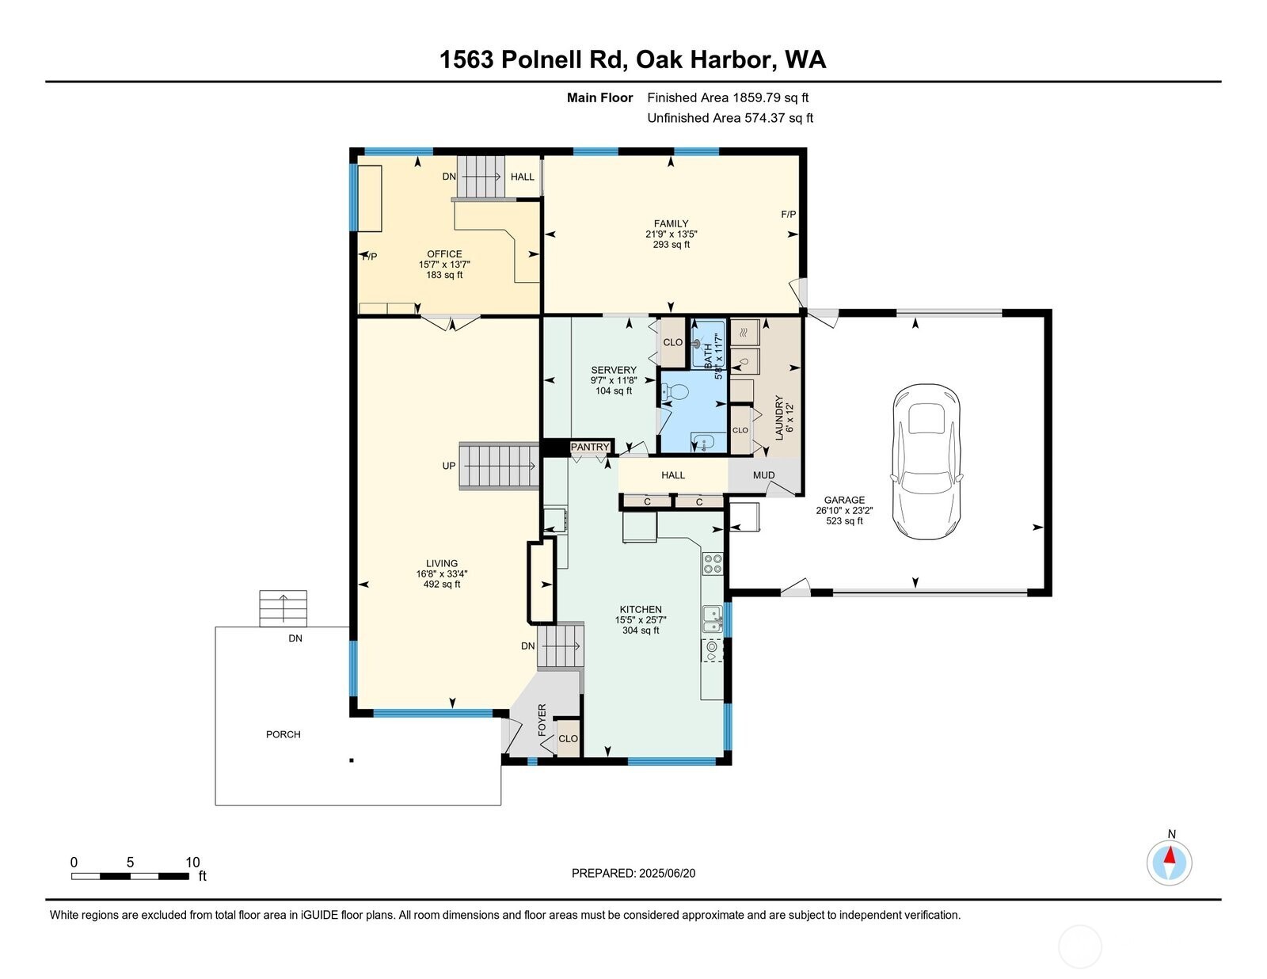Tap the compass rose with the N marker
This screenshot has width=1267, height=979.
coord(1169,863)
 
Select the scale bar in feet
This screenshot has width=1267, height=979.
coord(130,876)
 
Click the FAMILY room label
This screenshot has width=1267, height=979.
coord(671,223)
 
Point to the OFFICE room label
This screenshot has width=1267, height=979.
coord(444,254)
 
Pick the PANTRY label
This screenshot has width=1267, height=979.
coord(590,448)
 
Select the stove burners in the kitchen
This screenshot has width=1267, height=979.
coord(713,563)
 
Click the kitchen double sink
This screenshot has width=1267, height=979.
coord(713,618)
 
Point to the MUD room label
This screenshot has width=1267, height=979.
coord(763,475)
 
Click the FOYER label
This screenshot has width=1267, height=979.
coord(542,720)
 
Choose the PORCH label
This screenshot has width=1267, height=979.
coord(283,734)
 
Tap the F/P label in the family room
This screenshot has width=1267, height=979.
coord(789,215)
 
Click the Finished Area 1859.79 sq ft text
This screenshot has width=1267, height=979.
coord(728,98)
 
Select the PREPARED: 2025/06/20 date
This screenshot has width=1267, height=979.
coord(633,873)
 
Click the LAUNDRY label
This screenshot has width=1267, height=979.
coord(779,417)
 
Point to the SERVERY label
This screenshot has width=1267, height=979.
coord(614,370)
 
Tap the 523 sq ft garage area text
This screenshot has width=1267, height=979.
coord(844,521)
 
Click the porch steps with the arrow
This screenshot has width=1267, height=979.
coord(283,608)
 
